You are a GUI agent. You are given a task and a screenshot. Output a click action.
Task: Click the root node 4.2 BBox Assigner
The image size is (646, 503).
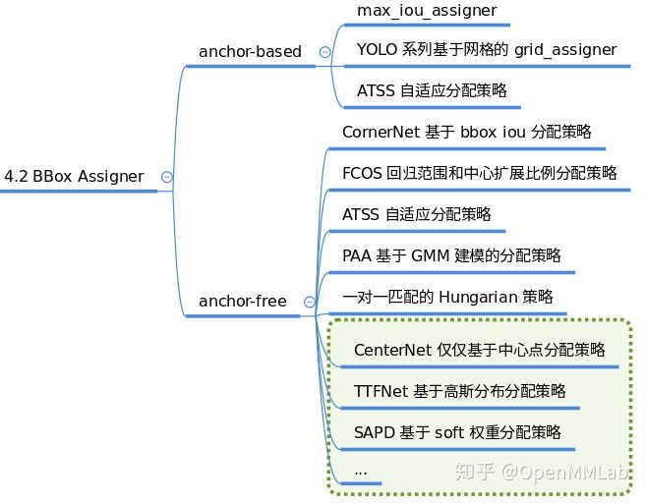pyautogui.click(x=74, y=177)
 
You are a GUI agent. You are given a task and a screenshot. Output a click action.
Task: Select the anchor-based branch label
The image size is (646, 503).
pyautogui.click(x=250, y=51)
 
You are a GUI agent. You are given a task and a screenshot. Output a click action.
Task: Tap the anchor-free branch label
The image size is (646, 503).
pyautogui.click(x=243, y=302)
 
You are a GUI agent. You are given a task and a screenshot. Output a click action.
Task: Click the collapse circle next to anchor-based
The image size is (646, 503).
pyautogui.click(x=324, y=52)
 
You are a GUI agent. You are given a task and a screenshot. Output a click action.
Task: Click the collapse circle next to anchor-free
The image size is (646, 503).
pyautogui.click(x=310, y=303)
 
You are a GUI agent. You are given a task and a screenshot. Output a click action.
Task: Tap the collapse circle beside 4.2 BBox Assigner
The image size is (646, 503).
pyautogui.click(x=166, y=177)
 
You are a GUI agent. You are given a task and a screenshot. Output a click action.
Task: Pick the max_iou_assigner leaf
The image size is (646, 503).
pyautogui.click(x=427, y=12)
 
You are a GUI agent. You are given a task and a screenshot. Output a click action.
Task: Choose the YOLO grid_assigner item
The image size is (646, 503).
pyautogui.click(x=487, y=49)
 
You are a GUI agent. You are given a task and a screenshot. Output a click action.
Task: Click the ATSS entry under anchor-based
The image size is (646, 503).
pyautogui.click(x=432, y=90)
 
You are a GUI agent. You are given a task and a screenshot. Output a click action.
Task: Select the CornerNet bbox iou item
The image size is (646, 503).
pyautogui.click(x=466, y=131)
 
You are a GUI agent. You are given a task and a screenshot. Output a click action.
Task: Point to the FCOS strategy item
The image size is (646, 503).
pyautogui.click(x=479, y=173)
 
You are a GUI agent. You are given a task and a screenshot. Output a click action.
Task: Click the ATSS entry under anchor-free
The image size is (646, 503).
pyautogui.click(x=416, y=213)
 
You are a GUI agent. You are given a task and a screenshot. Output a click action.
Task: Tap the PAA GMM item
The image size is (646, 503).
pyautogui.click(x=451, y=255)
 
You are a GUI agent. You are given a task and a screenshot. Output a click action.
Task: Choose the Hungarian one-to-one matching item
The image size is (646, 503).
pyautogui.click(x=447, y=296)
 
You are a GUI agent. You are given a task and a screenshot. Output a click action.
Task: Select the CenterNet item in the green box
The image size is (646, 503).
pyautogui.click(x=479, y=350)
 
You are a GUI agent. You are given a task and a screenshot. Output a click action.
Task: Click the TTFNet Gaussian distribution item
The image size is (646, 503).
pyautogui.click(x=459, y=391)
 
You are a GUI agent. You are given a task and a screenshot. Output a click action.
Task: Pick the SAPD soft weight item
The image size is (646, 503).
pyautogui.click(x=457, y=432)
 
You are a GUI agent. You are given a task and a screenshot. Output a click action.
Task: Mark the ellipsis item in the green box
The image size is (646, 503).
pyautogui.click(x=360, y=472)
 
